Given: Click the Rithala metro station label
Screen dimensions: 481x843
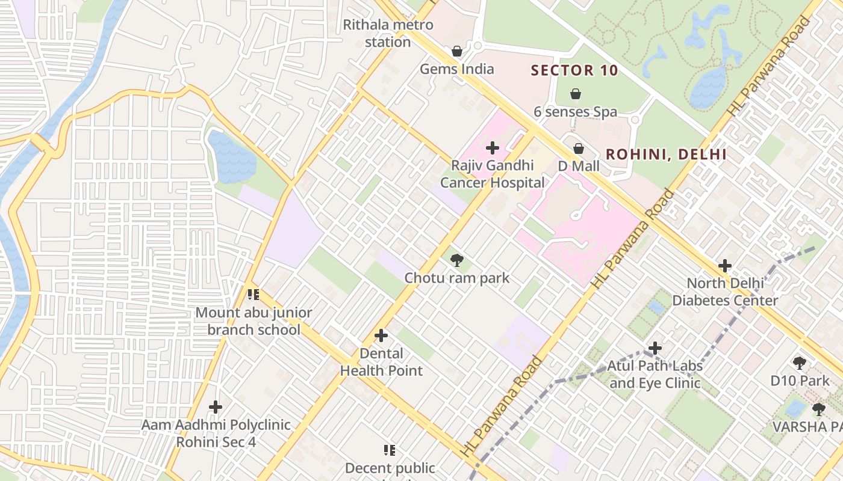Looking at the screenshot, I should click(388, 34).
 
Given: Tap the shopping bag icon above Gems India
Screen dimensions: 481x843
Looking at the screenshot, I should click(457, 51).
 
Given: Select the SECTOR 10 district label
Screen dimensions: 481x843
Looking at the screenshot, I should click(574, 70).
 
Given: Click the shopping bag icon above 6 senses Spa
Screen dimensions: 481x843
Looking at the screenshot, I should click(576, 94).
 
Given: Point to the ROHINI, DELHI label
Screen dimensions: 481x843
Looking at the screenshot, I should click(666, 154).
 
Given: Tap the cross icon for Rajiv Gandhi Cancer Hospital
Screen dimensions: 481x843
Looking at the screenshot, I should click(493, 147).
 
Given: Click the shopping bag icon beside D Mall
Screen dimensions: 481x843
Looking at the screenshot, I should click(579, 148).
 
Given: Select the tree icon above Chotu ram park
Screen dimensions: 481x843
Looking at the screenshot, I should click(457, 260).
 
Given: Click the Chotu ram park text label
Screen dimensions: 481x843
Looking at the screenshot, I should click(456, 278).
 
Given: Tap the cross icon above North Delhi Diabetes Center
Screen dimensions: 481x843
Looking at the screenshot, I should click(725, 265).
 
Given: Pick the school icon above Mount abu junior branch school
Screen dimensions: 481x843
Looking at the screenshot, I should click(254, 295).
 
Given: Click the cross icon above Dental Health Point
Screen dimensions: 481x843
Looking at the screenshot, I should click(381, 335).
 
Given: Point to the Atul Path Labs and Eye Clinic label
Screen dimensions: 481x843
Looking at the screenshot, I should click(654, 374).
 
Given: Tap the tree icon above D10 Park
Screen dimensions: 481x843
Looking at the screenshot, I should click(800, 363).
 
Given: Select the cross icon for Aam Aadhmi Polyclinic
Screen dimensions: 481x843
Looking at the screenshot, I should click(216, 407).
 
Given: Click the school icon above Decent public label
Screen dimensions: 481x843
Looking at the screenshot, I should click(390, 450).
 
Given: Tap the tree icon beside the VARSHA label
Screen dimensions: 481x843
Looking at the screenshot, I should click(818, 409).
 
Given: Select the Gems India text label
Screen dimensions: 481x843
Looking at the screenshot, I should click(456, 69).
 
